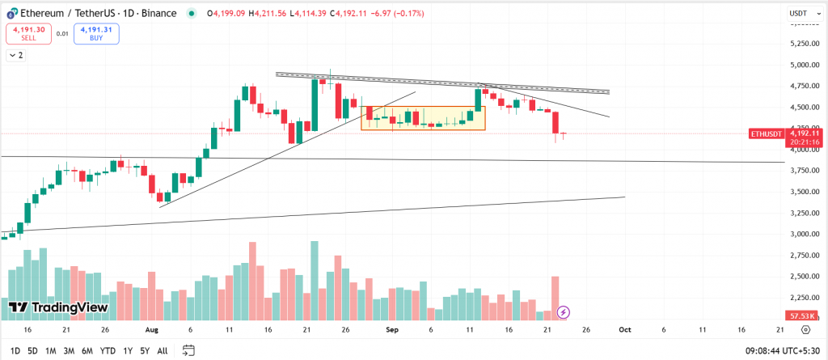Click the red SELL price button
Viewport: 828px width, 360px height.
tap(27, 33)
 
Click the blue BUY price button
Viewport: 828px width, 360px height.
tap(95, 33)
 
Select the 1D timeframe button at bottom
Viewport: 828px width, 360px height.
tap(15, 350)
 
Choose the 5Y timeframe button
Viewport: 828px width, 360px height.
tap(144, 350)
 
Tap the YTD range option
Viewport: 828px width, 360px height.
tap(107, 350)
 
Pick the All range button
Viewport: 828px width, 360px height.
tap(163, 350)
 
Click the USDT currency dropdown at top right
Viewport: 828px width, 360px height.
tap(801, 13)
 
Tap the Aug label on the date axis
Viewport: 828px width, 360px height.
tap(151, 330)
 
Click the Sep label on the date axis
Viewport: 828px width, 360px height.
tap(391, 330)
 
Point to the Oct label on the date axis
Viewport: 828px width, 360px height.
tap(624, 330)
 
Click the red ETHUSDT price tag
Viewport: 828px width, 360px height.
tap(767, 133)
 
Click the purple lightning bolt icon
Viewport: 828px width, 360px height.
tap(564, 311)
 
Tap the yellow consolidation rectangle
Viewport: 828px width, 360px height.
tap(423, 118)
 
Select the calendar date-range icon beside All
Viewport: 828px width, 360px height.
tap(188, 350)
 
